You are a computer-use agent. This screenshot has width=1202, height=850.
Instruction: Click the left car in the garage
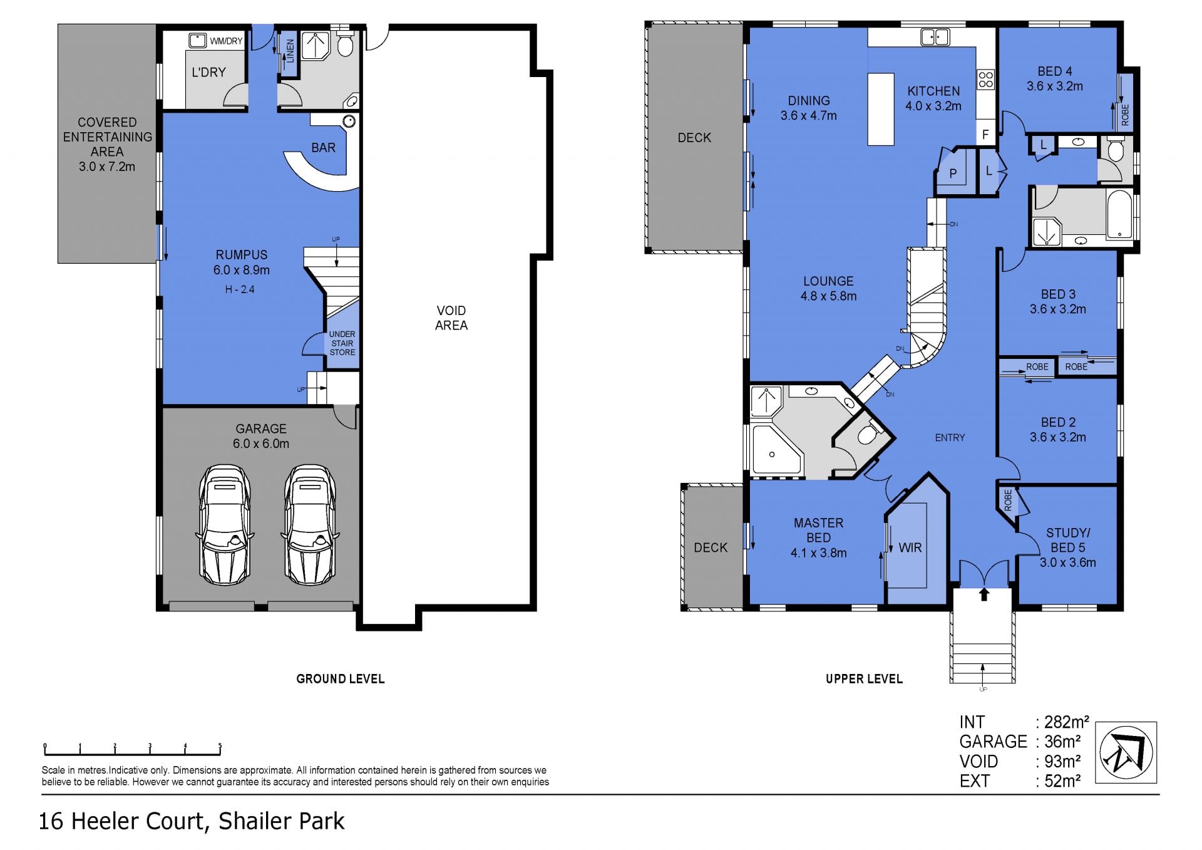pyautogui.click(x=225, y=525)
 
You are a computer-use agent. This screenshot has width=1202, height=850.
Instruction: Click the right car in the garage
pyautogui.click(x=311, y=525)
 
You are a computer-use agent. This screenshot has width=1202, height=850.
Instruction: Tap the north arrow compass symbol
pyautogui.click(x=1126, y=752)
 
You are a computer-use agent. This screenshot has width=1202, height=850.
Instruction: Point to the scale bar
pyautogui.click(x=132, y=749)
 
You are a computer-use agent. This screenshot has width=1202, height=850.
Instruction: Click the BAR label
pyautogui.click(x=323, y=148)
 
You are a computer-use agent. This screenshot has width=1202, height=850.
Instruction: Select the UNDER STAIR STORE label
pyautogui.click(x=342, y=343)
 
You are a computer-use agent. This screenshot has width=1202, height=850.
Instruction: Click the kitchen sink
pyautogui.click(x=935, y=37)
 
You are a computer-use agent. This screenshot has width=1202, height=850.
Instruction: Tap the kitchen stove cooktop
pyautogui.click(x=985, y=80)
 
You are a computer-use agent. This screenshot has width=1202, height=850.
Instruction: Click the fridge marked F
pyautogui.click(x=985, y=134)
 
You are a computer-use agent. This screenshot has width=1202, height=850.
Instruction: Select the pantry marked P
pyautogui.click(x=953, y=173)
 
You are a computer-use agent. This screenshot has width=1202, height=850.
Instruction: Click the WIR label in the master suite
pyautogui.click(x=910, y=548)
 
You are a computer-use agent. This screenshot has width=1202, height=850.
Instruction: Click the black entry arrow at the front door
pyautogui.click(x=984, y=594)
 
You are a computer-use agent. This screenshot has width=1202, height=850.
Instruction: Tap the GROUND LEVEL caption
pyautogui.click(x=341, y=679)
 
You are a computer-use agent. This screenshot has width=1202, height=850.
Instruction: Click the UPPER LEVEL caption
pyautogui.click(x=864, y=679)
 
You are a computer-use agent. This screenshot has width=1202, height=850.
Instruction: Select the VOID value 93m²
pyautogui.click(x=1062, y=762)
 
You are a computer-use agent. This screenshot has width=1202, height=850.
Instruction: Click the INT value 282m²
pyautogui.click(x=1067, y=722)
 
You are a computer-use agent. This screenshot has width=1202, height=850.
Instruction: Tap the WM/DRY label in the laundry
pyautogui.click(x=226, y=41)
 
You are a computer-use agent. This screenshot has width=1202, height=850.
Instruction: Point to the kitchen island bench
pyautogui.click(x=880, y=109)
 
